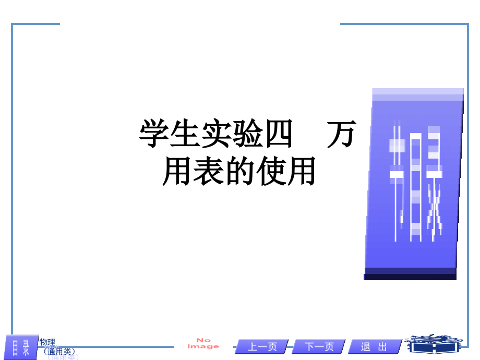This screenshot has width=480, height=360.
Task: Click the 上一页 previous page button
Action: [x=261, y=347]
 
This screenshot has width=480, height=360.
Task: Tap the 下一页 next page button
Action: [x=319, y=347]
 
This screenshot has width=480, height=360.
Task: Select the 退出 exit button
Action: [x=374, y=347]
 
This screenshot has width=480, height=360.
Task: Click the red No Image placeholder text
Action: [x=203, y=343]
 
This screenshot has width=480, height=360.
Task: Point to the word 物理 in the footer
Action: [x=47, y=342]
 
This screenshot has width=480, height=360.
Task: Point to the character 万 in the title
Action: [x=342, y=135]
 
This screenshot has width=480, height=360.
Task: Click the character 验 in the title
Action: [x=248, y=135]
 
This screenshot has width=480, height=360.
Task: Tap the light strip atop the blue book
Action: [x=418, y=94]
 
